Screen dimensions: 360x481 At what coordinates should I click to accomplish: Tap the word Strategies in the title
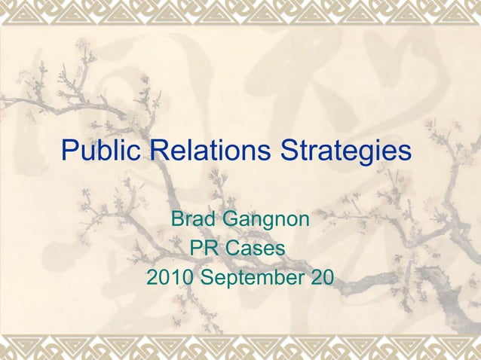[x=347, y=151]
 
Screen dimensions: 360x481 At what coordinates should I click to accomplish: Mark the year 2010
[x=169, y=277]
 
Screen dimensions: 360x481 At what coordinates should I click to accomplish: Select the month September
[x=251, y=278]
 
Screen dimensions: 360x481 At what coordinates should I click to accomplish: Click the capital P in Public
[x=69, y=151]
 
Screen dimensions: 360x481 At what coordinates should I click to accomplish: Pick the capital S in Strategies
[x=290, y=151]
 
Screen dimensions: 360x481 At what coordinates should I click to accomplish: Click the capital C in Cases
[x=235, y=249]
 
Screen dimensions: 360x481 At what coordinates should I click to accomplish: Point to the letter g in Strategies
[x=368, y=154]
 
